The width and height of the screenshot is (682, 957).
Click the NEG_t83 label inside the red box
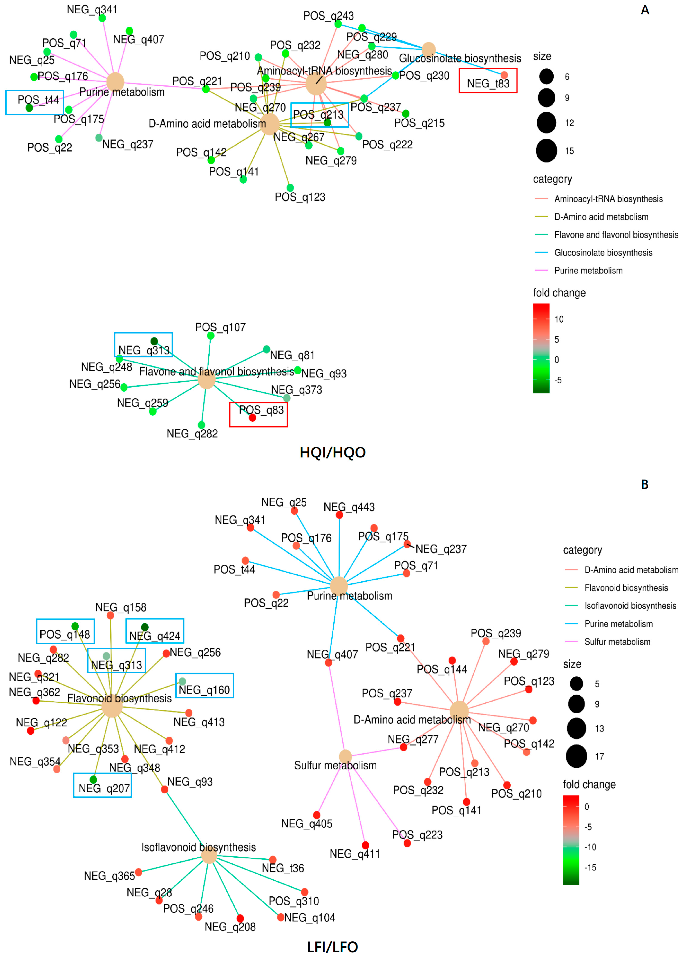[x=488, y=84]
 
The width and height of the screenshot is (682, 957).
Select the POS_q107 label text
[x=220, y=327]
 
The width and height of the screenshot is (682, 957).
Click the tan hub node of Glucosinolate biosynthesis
[x=428, y=49]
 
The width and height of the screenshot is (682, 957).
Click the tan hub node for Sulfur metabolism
[x=345, y=756]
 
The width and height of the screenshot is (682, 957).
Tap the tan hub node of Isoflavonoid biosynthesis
[x=209, y=855]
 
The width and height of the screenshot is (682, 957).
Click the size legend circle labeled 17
[x=576, y=756]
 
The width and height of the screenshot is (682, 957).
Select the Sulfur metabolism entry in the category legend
[x=617, y=642]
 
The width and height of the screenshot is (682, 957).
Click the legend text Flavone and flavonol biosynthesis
[x=616, y=235]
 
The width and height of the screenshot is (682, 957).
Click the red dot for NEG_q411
[x=365, y=845]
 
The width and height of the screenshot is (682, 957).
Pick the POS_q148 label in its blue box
[x=65, y=634]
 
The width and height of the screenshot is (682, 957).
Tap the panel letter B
[x=645, y=485]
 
